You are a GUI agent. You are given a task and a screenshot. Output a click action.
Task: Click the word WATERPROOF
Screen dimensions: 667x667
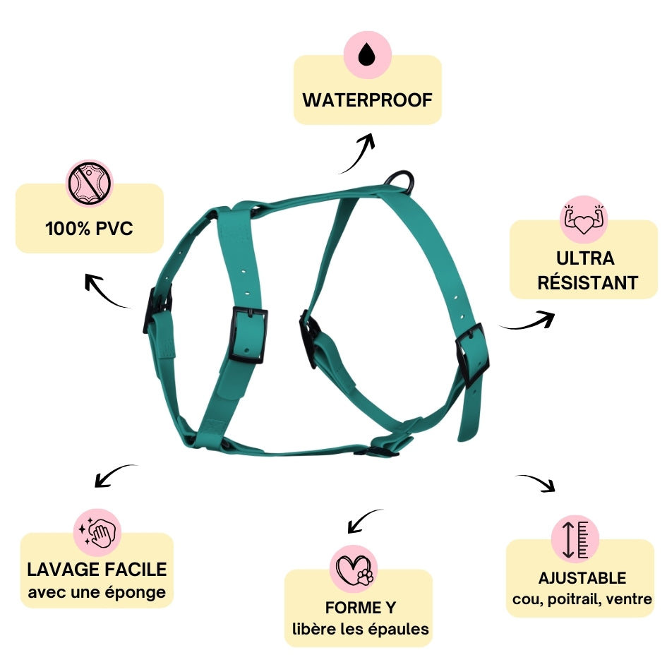367,100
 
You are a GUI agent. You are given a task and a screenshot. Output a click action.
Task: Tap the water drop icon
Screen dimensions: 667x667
366,55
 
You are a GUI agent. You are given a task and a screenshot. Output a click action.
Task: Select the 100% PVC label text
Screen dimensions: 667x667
89,229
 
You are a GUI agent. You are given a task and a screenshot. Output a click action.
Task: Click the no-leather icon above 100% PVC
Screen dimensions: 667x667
89,184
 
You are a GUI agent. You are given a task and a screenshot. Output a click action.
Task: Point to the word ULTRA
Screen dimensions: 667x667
585,258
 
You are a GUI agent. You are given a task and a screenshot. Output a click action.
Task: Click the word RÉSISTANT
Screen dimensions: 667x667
587,283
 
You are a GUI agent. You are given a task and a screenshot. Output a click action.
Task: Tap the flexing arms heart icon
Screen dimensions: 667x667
583,219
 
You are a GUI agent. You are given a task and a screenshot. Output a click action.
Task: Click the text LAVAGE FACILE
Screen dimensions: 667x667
97,569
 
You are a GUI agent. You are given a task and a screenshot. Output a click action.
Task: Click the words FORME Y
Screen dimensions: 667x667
360,608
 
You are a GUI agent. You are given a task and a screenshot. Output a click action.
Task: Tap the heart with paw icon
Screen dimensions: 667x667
354,569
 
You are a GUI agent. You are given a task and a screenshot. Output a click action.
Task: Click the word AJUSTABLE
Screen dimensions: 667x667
582,578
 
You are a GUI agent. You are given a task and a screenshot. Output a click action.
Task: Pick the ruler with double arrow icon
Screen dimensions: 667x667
575,538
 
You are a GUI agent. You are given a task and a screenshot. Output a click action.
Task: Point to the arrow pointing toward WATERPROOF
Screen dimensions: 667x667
359,153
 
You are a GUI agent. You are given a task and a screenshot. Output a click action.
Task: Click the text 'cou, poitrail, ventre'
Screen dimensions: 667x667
582,600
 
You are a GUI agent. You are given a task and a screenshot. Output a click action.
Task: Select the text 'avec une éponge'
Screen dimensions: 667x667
97,591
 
